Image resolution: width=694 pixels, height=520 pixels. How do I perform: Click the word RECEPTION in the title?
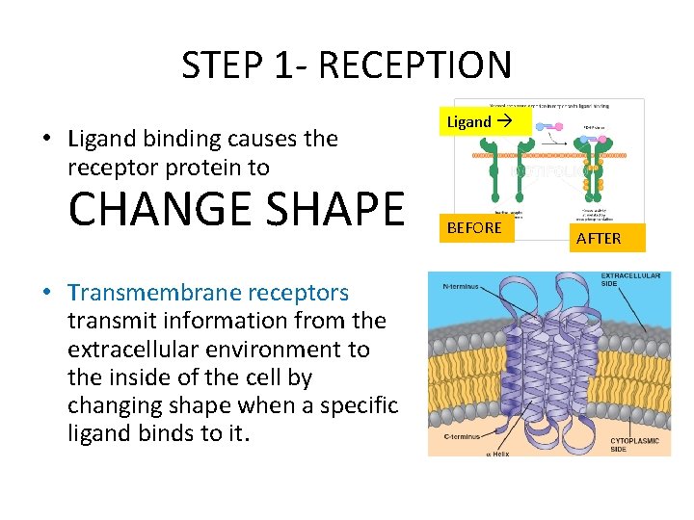click(414, 65)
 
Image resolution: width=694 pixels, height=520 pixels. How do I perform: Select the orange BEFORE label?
click(473, 227)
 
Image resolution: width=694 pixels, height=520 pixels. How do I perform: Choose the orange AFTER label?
click(599, 238)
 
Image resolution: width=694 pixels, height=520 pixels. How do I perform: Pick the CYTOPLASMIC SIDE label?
click(633, 445)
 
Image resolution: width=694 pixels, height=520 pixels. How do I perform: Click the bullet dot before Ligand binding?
click(46, 139)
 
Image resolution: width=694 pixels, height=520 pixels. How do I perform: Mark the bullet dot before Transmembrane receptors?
click(46, 292)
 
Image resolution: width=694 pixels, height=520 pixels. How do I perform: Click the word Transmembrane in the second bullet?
click(145, 292)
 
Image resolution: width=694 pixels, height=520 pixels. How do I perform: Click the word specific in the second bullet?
click(361, 405)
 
